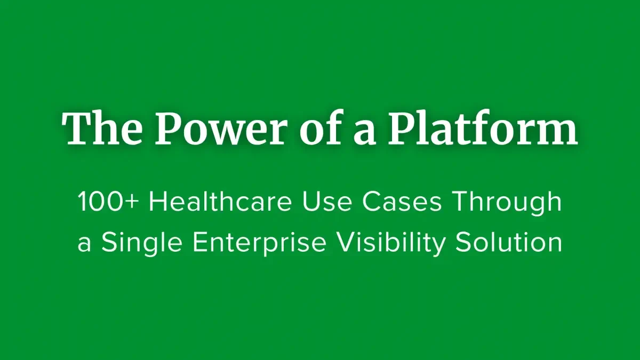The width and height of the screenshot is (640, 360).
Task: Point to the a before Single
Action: point(84,244)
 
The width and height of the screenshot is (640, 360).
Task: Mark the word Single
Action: point(141,244)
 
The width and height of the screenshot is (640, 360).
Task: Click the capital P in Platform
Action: point(403,129)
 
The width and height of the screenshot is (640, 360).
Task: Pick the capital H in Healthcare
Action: point(158,203)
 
